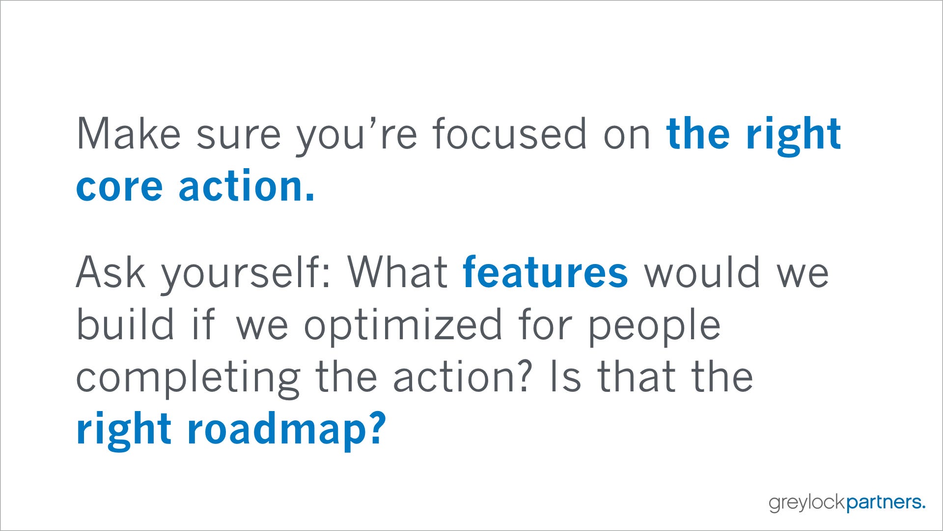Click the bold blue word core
(x=119, y=188)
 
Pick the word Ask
(x=111, y=272)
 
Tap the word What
(x=397, y=272)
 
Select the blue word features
(x=545, y=272)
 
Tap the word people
(x=654, y=327)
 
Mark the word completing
(x=188, y=380)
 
